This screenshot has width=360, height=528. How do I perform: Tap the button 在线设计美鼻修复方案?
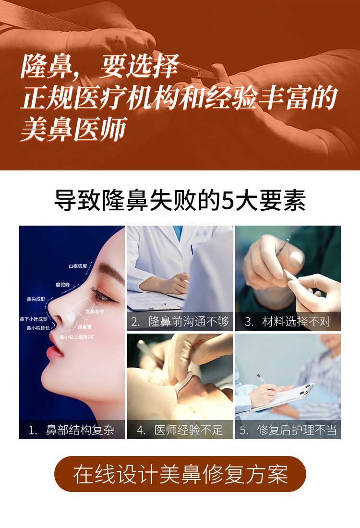pos(180,474)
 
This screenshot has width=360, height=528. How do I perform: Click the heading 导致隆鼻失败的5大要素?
pos(180,201)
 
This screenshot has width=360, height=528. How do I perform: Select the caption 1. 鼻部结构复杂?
pos(72,430)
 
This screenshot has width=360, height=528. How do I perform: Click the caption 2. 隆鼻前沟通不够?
pos(180,322)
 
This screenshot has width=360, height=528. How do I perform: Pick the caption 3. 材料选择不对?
pos(288,322)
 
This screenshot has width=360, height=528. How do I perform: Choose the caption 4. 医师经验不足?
pos(180,430)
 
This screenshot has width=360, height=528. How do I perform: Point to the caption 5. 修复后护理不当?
pos(288,430)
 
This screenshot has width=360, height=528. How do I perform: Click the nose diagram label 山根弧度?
pos(77,265)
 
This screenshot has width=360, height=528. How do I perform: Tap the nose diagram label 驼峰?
pos(63,284)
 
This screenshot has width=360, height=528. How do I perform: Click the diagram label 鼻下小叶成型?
pos(34,319)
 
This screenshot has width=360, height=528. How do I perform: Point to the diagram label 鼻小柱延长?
pos(38,328)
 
